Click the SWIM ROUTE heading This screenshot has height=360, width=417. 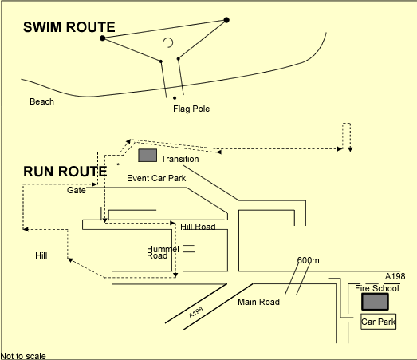coord(69,27)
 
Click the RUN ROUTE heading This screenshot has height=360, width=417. coord(65,171)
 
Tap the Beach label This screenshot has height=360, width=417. coord(41,101)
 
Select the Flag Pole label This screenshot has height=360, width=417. coord(191,109)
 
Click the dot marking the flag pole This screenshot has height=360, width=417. coord(175,98)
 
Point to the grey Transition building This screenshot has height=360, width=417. coord(148,156)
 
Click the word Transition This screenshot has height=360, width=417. coord(180,159)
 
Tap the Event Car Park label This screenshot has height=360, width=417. coord(156,178)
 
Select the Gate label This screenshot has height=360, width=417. coord(77,190)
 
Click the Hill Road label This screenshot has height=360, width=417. coord(198,227)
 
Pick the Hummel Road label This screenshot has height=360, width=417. coord(163,252)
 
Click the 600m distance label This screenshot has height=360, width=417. coord(309,260)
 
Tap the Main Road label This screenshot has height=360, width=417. coord(259,302)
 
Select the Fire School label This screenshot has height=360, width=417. coord(377,288)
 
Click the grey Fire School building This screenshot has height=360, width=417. coord(375,302)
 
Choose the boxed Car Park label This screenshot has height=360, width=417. coord(379,322)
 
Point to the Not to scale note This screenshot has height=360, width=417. coord(23,356)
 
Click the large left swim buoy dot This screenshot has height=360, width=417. coord(103,38)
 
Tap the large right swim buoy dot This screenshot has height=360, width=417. coord(226,20)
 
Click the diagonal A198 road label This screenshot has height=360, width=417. coord(196,312)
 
